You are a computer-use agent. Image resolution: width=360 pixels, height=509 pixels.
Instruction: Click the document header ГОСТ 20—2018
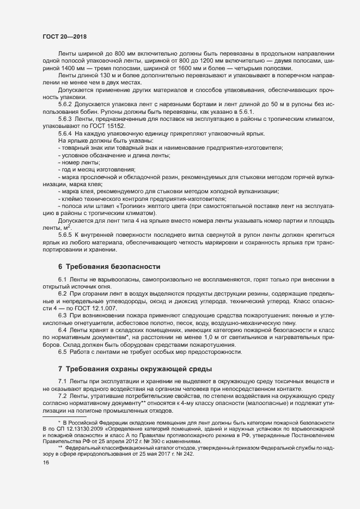click(64, 36)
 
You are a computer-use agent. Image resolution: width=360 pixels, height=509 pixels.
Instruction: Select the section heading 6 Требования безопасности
click(109, 267)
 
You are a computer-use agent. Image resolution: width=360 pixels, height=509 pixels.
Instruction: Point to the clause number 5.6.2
click(65, 103)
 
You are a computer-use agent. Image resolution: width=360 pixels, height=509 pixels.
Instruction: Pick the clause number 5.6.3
click(65, 118)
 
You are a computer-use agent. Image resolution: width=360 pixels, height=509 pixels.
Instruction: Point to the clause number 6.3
click(62, 316)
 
